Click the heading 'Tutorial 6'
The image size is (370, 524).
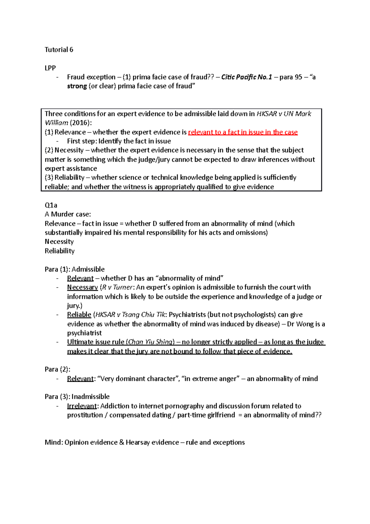(59, 50)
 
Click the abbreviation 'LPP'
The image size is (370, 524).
(50, 68)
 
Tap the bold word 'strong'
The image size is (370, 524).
(77, 86)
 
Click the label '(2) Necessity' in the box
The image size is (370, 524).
(64, 150)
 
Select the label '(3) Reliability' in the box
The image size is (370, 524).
(64, 177)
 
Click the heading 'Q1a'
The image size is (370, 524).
(51, 205)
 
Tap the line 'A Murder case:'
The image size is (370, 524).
(68, 214)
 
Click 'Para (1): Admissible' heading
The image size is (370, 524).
(75, 269)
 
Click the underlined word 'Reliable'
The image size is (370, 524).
(79, 315)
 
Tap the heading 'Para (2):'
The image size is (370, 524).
(57, 369)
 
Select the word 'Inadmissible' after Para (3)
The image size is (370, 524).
(91, 397)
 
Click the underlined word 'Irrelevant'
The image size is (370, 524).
(82, 406)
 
